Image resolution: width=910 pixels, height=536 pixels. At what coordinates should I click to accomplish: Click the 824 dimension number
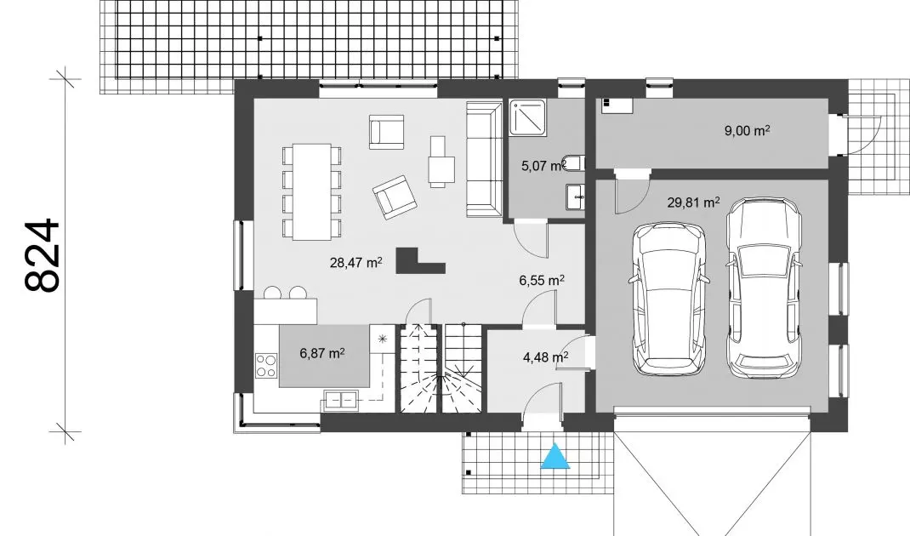(x=43, y=255)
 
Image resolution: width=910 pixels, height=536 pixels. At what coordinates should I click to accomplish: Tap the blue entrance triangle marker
(x=555, y=456)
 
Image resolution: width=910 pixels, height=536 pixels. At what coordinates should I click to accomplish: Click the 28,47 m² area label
(x=355, y=263)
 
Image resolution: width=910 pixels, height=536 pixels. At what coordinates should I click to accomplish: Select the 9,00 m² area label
(x=747, y=131)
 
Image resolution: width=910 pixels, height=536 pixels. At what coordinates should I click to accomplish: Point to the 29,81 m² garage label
(x=693, y=202)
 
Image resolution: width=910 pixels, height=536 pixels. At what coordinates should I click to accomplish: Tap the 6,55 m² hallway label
(x=542, y=281)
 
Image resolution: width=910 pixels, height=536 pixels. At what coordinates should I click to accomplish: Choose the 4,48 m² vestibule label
(x=545, y=357)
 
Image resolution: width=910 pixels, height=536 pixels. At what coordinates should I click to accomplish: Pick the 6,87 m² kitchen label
(x=322, y=352)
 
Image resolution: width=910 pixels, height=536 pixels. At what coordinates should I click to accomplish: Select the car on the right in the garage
(x=764, y=288)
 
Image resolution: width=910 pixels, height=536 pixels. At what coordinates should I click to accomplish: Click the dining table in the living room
(x=311, y=191)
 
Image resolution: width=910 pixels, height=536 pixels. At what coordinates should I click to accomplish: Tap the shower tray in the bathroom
(x=527, y=118)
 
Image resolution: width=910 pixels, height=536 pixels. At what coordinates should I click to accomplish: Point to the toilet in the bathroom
(x=574, y=163)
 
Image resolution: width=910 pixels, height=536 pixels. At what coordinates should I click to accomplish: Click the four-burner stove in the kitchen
(x=266, y=365)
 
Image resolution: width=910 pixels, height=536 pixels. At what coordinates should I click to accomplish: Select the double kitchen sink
(x=341, y=399)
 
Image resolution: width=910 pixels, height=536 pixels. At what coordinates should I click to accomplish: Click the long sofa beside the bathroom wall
(x=484, y=159)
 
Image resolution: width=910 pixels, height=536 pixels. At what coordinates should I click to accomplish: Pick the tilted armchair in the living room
(x=395, y=197)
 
